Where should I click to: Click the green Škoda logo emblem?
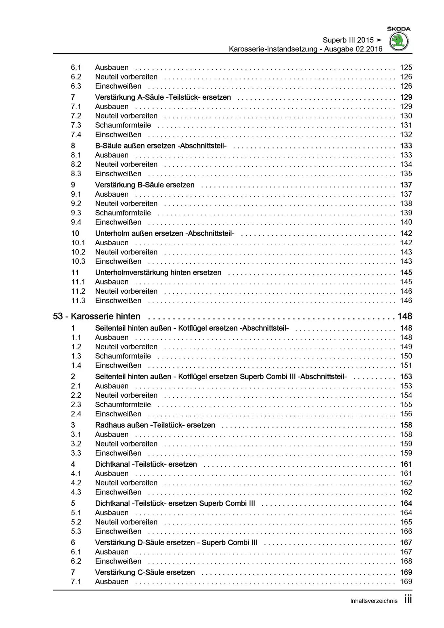click(x=399, y=42)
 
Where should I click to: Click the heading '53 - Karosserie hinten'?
click(x=97, y=316)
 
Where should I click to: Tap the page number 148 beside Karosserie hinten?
click(x=405, y=316)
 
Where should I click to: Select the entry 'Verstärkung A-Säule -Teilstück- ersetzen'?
click(x=163, y=97)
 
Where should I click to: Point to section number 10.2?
click(x=78, y=252)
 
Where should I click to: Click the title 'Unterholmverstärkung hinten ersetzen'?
click(x=158, y=272)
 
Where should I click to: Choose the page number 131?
click(x=406, y=125)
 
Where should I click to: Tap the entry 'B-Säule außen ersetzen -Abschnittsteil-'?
click(x=161, y=146)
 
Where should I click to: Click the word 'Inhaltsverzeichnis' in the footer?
click(x=374, y=601)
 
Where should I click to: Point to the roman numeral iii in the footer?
click(x=408, y=600)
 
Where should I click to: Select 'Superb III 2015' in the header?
click(x=348, y=40)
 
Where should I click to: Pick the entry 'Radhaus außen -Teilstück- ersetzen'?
click(x=155, y=425)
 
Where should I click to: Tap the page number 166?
click(x=406, y=531)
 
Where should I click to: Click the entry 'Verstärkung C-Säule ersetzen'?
click(x=145, y=572)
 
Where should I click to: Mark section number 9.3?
click(x=76, y=213)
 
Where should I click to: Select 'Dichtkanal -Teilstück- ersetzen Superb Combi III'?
click(x=175, y=503)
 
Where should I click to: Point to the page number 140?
click(x=406, y=222)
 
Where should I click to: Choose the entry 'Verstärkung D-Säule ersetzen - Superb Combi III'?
click(x=176, y=542)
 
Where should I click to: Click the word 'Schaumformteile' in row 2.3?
click(x=123, y=405)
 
